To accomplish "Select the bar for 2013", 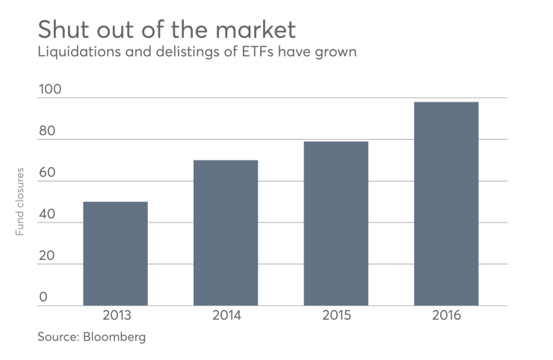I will [115, 253].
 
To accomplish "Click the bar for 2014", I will [226, 232].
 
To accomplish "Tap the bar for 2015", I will [336, 223].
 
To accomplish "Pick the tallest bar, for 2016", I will [446, 203].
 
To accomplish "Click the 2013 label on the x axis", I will [115, 315].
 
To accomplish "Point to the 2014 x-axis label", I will [226, 315].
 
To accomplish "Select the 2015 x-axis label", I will [336, 315].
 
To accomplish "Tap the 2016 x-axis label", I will [446, 315].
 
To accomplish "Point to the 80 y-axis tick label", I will [47, 132].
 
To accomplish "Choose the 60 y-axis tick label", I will [47, 173].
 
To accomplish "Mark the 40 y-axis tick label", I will [47, 215].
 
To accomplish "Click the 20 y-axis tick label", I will [47, 256].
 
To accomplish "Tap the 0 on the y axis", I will [43, 297].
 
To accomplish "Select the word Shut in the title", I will [64, 31].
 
